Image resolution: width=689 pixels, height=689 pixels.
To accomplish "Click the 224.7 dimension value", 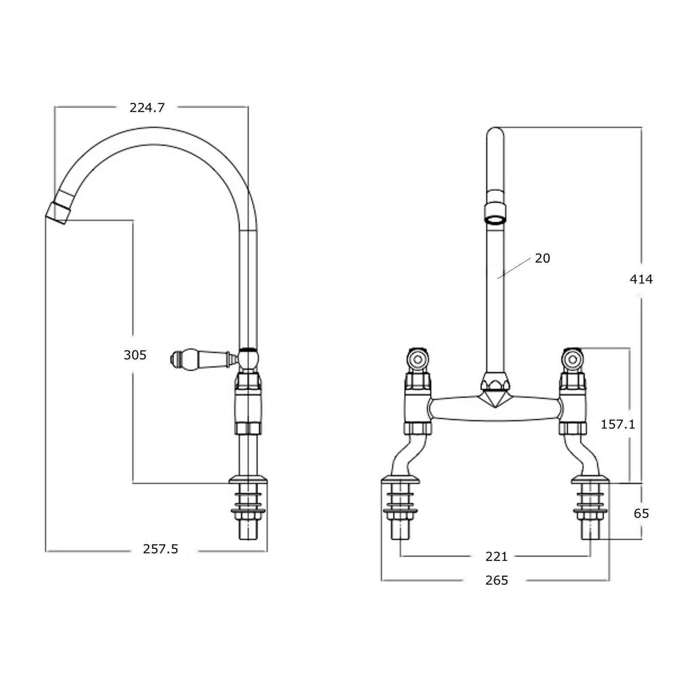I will [x=147, y=108].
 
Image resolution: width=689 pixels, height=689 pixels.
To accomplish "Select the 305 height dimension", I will [x=135, y=355].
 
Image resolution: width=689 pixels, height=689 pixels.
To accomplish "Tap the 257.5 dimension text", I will [x=161, y=549].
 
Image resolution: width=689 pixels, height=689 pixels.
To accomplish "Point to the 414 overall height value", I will [x=641, y=279].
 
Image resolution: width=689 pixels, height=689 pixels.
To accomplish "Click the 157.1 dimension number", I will [x=618, y=425].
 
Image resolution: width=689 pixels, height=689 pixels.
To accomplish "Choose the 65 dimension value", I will [x=641, y=513].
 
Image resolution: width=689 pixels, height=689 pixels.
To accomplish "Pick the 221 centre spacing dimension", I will [x=497, y=557].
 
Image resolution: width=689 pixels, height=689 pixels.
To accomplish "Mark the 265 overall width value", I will [x=497, y=580].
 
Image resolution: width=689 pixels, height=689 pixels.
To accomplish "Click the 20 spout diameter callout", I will [x=542, y=258].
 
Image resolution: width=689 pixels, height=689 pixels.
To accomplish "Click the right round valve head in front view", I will [x=573, y=358].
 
